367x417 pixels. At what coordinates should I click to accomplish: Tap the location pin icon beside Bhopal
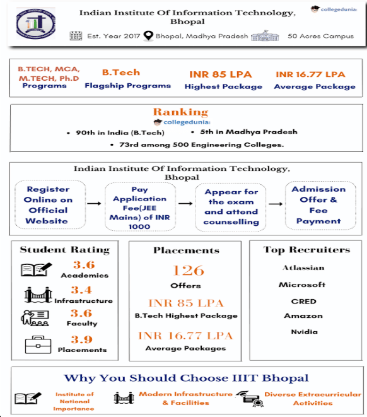(148, 36)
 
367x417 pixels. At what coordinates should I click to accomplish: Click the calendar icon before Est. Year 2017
(76, 36)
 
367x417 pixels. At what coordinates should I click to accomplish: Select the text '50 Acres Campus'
(321, 36)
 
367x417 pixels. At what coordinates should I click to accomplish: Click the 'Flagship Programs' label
(127, 86)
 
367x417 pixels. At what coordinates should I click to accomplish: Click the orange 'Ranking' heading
(180, 112)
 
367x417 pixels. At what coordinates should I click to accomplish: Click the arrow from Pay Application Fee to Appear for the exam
(185, 204)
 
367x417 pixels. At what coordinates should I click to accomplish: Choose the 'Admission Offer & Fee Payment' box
(318, 205)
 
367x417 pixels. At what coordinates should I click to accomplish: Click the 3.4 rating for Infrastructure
(81, 290)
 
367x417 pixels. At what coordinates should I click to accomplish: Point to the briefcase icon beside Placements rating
(38, 344)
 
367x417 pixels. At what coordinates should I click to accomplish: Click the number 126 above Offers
(189, 271)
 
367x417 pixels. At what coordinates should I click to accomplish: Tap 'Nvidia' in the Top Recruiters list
(304, 331)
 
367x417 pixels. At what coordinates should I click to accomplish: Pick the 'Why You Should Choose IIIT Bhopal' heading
(187, 378)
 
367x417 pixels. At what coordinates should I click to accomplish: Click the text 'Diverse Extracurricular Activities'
(313, 399)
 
